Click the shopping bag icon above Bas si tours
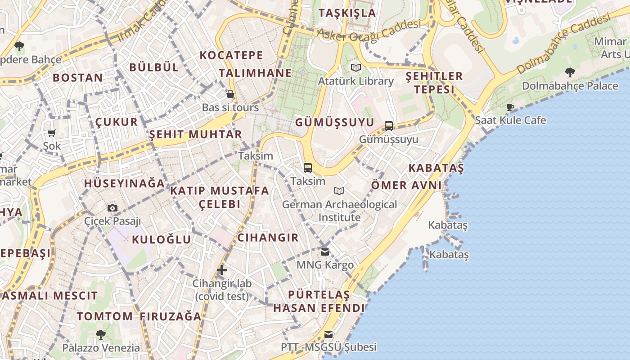coord(230,94)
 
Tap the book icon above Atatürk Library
coord(356,68)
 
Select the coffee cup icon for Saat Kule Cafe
coord(510,107)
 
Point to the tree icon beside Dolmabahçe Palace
coord(570,72)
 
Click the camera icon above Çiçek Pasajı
coord(112,208)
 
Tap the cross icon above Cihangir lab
coord(221,270)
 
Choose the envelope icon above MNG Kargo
coord(325,252)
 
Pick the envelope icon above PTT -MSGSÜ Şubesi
coord(328,334)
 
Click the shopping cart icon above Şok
coord(52,133)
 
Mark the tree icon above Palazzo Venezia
coord(101,334)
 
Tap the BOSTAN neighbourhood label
coord(78,77)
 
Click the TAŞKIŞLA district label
coord(347,13)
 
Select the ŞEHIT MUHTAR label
coord(196,134)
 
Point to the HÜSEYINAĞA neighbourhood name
coord(125,184)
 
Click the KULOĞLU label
coord(161,239)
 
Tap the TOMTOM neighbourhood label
coord(105,316)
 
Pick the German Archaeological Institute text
coord(340,211)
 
